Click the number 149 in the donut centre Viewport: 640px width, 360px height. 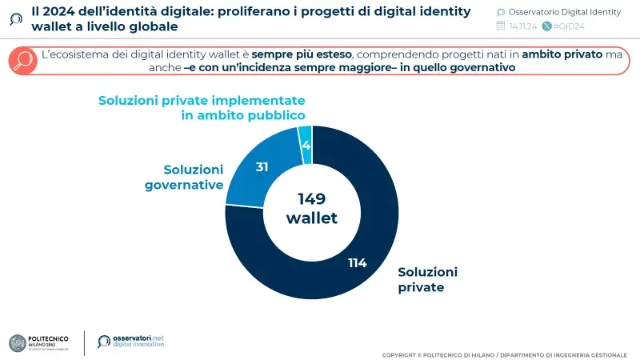click(312, 199)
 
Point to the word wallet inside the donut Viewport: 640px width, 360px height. click(312, 218)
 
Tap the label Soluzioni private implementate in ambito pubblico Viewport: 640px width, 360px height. click(202, 108)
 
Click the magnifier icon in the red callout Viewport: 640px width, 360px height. click(25, 62)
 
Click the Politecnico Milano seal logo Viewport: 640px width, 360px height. click(18, 342)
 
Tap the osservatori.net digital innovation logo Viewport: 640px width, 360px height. click(131, 342)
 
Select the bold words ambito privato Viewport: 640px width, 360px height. click(556, 54)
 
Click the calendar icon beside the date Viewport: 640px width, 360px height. click(501, 26)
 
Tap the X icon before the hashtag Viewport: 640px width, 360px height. click(546, 26)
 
